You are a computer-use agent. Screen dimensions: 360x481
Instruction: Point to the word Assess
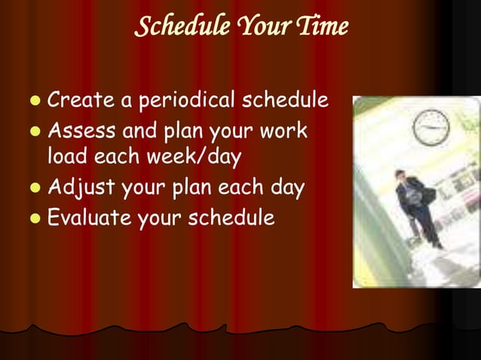pos(81,131)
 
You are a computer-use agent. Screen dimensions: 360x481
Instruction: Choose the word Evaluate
pos(87,218)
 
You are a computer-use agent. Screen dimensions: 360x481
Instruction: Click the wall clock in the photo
pos(432,127)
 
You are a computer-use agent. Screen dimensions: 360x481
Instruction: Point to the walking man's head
pos(400,175)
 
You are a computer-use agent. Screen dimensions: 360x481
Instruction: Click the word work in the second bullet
pos(286,131)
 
